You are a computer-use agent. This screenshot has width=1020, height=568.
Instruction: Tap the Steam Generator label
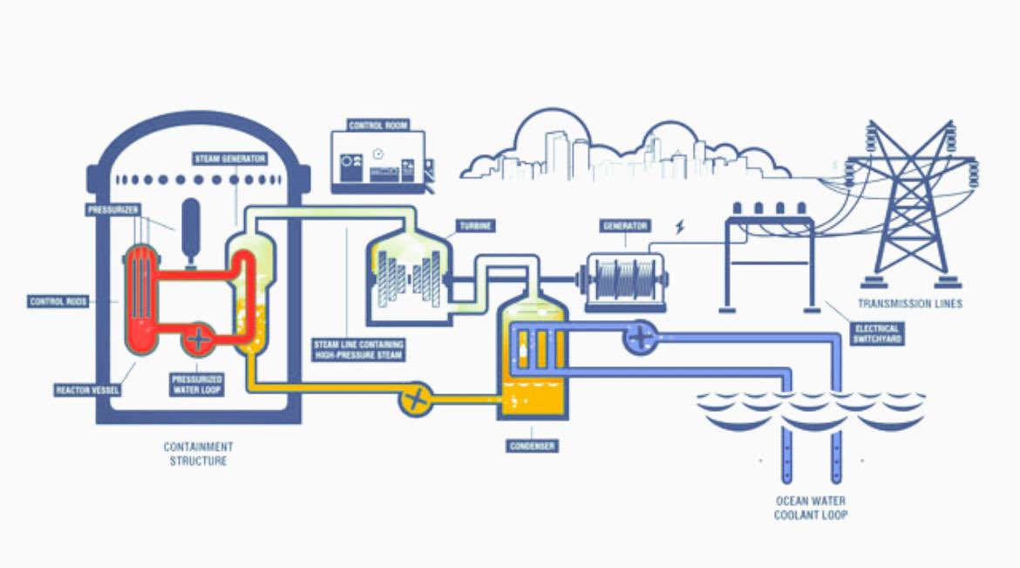tap(229, 159)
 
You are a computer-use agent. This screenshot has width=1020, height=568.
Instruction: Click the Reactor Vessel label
tap(87, 389)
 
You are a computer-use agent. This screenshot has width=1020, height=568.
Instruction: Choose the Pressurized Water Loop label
tap(198, 384)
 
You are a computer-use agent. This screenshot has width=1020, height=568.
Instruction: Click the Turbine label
tap(476, 226)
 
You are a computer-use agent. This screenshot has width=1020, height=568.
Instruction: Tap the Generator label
tap(625, 226)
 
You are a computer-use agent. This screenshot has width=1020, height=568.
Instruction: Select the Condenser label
tap(533, 446)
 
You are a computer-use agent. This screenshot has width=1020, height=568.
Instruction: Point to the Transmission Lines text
tap(910, 304)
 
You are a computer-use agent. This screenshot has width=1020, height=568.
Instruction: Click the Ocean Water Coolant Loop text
tap(811, 508)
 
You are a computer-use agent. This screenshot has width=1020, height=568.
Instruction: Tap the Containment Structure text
tap(198, 454)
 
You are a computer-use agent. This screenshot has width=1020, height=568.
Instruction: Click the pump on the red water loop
tap(200, 338)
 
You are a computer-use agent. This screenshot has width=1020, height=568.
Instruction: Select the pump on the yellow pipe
tap(416, 401)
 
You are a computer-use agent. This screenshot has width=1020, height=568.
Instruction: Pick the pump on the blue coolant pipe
tap(641, 337)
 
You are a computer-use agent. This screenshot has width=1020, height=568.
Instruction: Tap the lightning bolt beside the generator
tap(681, 228)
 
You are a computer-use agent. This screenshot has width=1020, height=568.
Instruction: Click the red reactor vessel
tap(141, 297)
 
